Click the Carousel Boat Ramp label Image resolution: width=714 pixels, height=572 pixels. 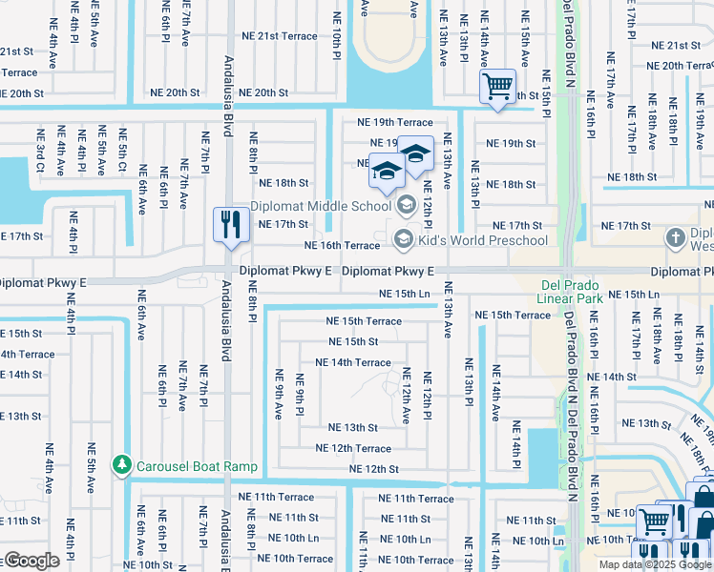196,465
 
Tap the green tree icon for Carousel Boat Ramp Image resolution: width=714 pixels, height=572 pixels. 121,465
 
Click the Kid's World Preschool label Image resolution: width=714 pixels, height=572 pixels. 482,239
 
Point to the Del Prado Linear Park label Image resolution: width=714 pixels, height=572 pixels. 558,291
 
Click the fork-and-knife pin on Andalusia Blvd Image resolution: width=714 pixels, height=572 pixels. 227,225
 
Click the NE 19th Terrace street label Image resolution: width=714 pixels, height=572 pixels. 394,122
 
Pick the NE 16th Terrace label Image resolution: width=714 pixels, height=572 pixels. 342,245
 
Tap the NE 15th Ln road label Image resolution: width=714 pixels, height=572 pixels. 405,294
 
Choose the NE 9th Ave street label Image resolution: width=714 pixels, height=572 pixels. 280,394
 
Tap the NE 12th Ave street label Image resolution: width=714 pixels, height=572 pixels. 407,395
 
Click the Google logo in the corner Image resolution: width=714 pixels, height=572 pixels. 31,561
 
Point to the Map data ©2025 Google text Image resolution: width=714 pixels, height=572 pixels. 655,564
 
